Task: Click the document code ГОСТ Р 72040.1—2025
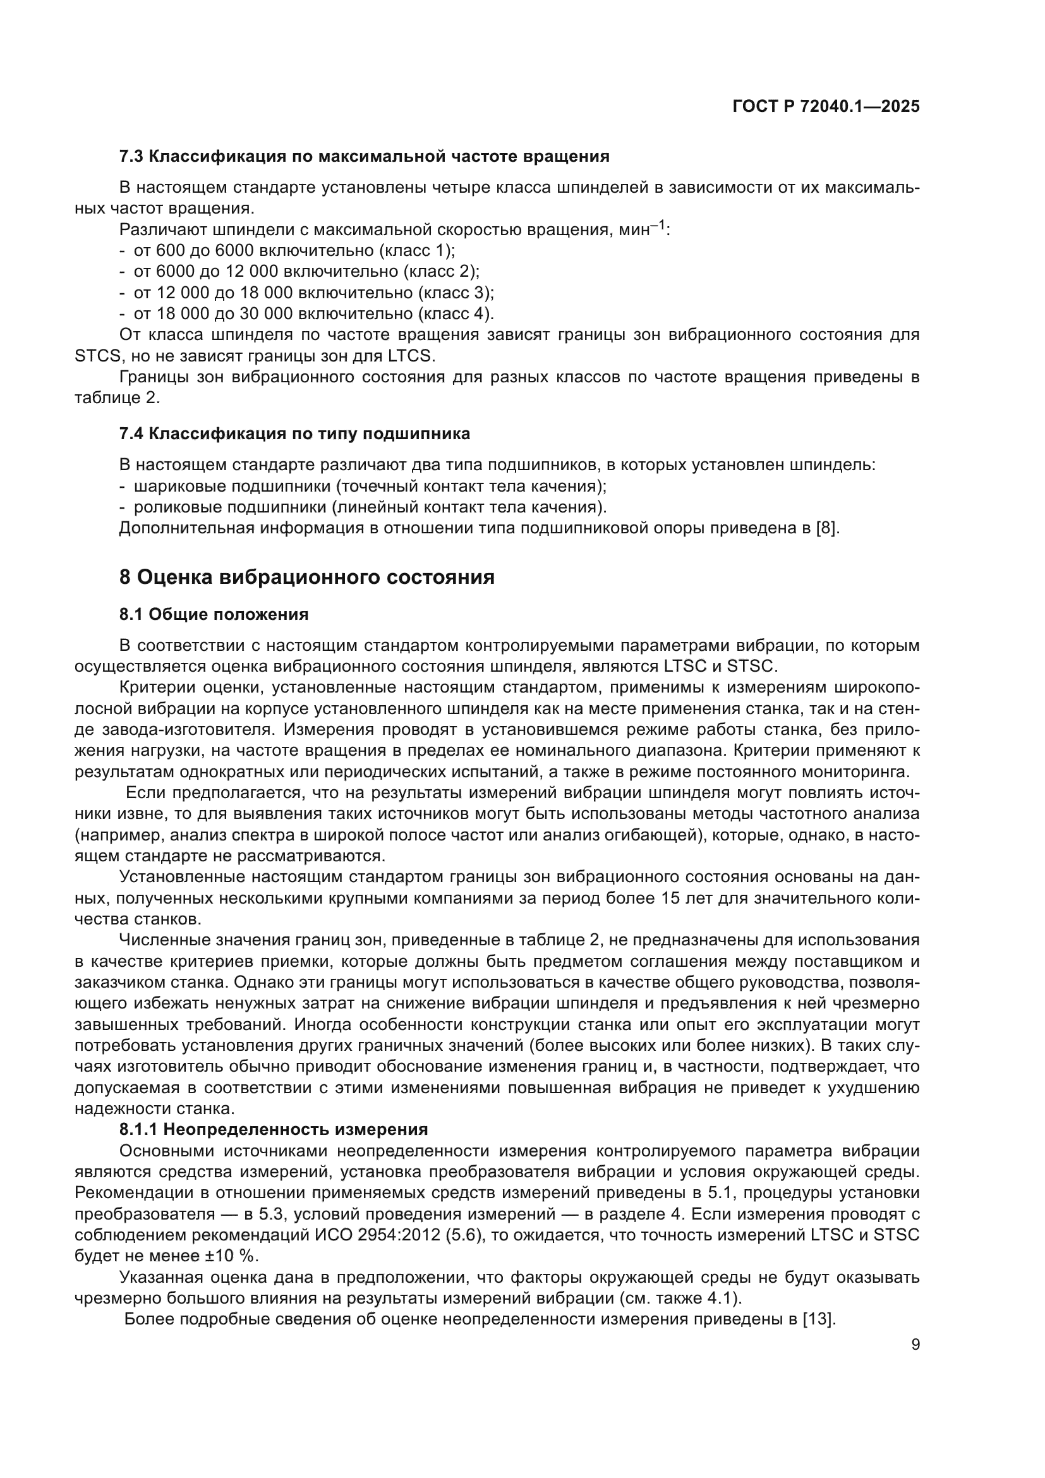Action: point(826,107)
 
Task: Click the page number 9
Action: point(915,1345)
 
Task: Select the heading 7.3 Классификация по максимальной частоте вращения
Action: point(364,157)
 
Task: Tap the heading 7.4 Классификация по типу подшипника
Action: point(294,434)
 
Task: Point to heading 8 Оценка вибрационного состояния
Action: point(307,578)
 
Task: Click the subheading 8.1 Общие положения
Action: point(214,615)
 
